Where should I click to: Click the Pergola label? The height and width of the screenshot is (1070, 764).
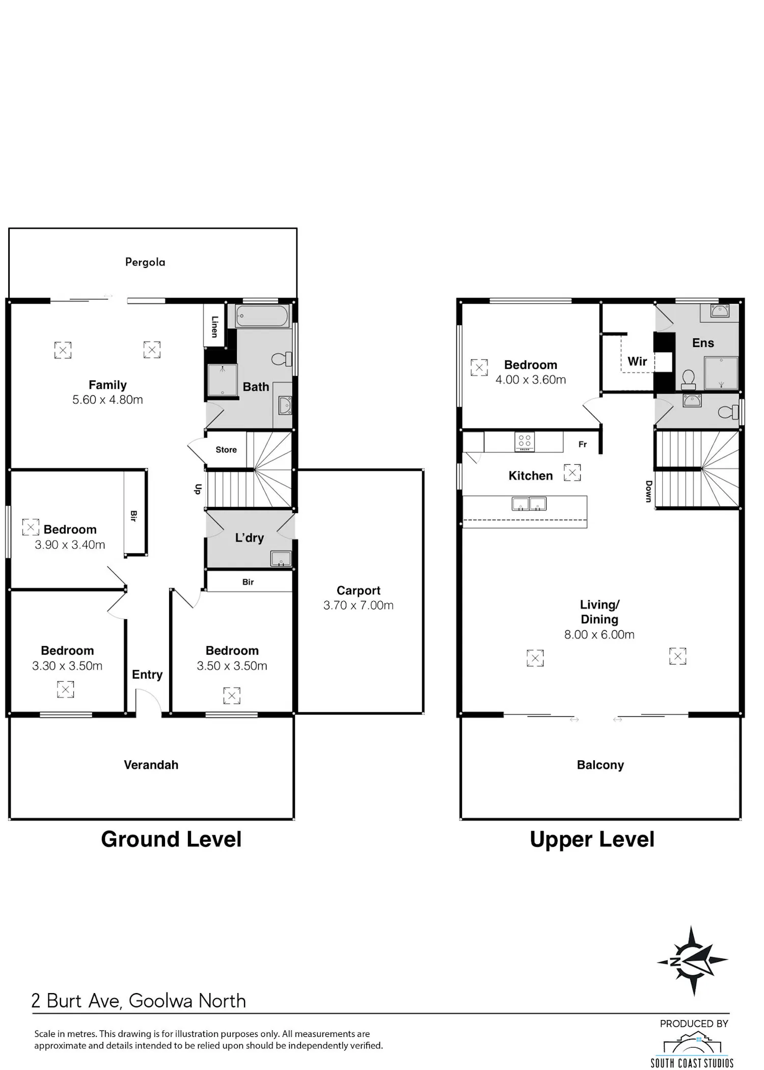tap(145, 262)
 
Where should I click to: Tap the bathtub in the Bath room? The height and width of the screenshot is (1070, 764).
tap(262, 316)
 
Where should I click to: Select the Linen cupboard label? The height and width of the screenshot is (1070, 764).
tap(214, 327)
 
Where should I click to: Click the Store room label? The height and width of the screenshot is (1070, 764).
tap(226, 449)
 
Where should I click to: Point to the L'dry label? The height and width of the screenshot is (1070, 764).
tap(250, 538)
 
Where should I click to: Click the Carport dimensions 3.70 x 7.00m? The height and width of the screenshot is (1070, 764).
tap(359, 605)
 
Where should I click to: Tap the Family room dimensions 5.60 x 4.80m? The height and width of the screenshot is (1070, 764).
tap(107, 399)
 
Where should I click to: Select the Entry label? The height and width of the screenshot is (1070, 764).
tap(147, 675)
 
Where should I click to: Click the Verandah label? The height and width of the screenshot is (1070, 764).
tap(151, 765)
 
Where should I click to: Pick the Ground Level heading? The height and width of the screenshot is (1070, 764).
tap(171, 839)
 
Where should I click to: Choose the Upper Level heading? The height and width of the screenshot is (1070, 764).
tap(592, 839)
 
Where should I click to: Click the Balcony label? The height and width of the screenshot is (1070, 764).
tap(601, 765)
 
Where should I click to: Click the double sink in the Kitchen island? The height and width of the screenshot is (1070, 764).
tap(529, 504)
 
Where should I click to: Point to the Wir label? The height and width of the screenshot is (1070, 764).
tap(637, 361)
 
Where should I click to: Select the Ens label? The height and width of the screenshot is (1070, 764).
tap(703, 343)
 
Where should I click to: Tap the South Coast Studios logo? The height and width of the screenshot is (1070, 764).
tap(692, 1049)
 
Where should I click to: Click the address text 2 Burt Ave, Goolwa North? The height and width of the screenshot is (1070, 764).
tap(139, 1001)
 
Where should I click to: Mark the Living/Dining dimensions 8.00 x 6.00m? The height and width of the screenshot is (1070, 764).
tap(599, 634)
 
